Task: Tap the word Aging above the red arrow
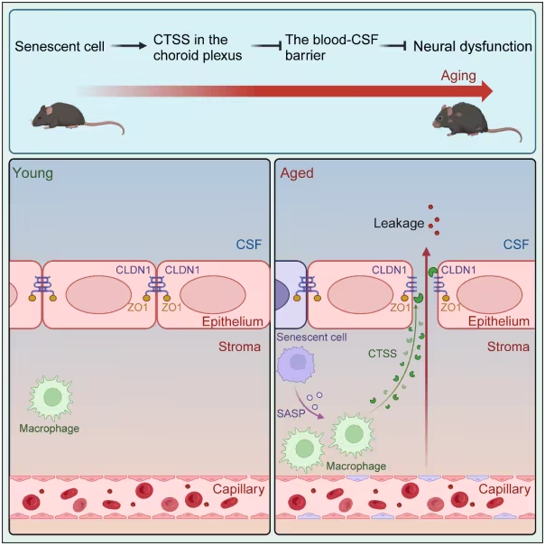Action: [458, 76]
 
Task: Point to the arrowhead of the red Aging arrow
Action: [487, 91]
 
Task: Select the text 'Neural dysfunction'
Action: [473, 46]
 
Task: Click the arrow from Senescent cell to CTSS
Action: [129, 46]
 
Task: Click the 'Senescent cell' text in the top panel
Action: [60, 46]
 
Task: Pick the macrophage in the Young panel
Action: [51, 397]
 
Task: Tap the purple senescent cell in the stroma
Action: [296, 365]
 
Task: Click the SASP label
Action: [291, 413]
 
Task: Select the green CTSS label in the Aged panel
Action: [383, 354]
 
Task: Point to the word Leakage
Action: [399, 223]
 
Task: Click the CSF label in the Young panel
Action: [249, 245]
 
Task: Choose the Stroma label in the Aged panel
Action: [508, 347]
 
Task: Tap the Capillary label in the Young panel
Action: [238, 489]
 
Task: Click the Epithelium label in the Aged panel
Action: [499, 321]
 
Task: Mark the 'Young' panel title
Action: [32, 173]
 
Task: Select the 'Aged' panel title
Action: [297, 173]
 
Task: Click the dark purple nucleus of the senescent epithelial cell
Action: [282, 294]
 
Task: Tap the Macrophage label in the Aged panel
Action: [356, 466]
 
